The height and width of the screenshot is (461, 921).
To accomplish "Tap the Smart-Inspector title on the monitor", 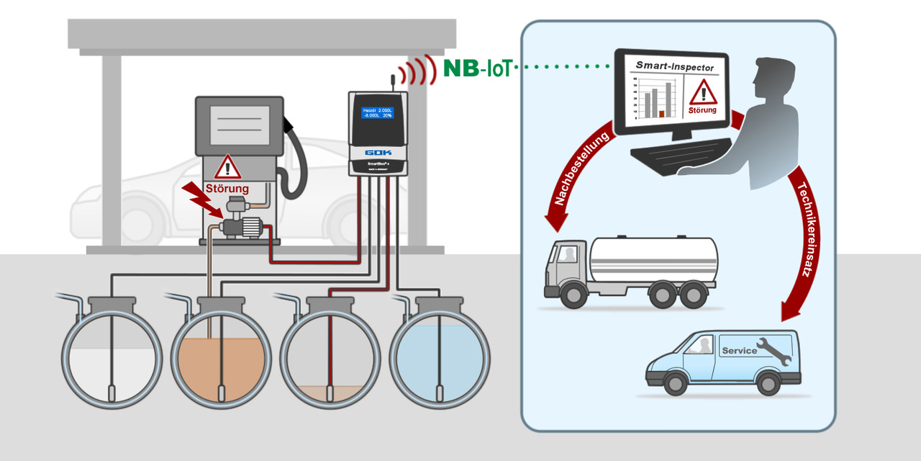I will coord(674,67).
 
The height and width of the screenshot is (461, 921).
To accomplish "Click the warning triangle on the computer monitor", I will coord(703,92).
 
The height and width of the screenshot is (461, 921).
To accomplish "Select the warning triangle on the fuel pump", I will coord(227,167).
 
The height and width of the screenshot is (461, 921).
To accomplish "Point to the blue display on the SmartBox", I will coord(378,113).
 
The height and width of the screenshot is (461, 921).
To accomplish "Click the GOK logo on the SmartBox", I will coord(378,153).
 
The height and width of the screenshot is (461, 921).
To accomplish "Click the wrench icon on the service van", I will coord(773,350).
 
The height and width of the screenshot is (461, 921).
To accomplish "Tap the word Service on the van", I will coord(739,351).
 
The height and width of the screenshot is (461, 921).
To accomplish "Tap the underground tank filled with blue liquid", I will coord(439,357).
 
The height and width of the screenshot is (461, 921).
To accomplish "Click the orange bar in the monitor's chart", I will coord(661,113).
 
